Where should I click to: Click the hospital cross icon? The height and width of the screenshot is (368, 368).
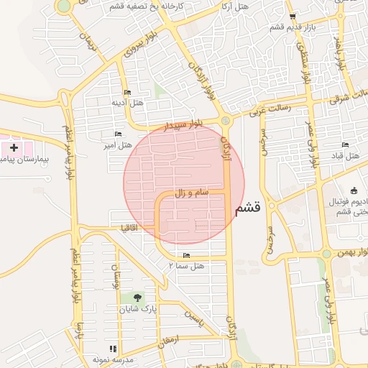click(14, 147)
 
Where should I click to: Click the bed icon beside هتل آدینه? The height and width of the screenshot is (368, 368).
click(127, 93)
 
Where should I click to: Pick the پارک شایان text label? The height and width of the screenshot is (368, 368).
click(142, 310)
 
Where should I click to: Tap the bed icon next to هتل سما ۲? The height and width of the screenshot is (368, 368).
click(187, 255)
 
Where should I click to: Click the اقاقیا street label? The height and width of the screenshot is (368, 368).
click(130, 228)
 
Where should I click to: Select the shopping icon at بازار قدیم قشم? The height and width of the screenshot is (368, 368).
click(291, 17)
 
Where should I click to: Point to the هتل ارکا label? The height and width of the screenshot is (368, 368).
click(234, 6)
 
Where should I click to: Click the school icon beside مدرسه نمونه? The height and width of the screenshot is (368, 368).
click(111, 348)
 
